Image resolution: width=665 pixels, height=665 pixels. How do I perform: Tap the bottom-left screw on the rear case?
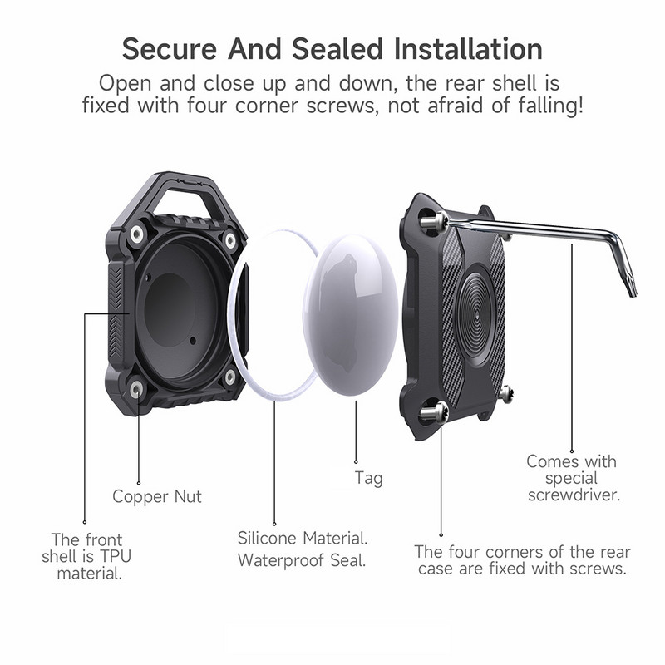tap(436, 410)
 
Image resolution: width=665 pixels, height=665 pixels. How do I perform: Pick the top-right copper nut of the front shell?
tap(230, 240)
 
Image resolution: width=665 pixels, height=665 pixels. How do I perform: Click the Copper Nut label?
tap(157, 497)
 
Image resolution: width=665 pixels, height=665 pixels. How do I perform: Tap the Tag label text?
tap(368, 479)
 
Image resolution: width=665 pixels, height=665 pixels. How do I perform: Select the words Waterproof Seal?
tap(302, 559)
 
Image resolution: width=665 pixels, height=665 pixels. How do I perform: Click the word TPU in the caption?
tap(106, 554)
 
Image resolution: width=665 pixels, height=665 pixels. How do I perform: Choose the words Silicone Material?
tap(303, 537)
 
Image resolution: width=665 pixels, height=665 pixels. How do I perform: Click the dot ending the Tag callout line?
tap(357, 461)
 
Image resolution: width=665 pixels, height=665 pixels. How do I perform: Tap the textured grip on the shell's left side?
tap(116, 308)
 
